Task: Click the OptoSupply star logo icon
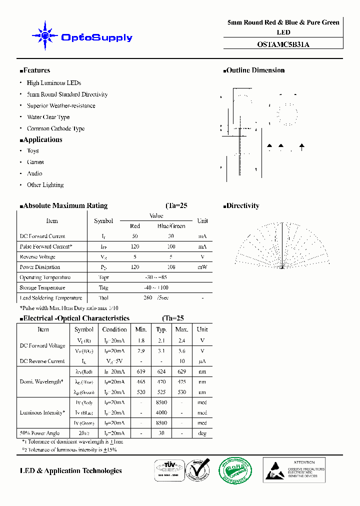coord(44,36)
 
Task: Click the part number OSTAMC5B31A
coord(283,44)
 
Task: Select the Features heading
coord(35,70)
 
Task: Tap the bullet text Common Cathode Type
coord(55,128)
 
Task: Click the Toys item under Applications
coord(32,150)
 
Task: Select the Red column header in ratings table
coord(135,226)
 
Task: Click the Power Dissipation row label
coord(39,267)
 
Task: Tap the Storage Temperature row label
coord(42,287)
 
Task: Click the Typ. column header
coord(161,329)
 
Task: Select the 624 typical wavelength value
coord(161,371)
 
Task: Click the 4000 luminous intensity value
coord(161,412)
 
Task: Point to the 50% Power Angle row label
coord(39,433)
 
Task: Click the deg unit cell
coord(202,433)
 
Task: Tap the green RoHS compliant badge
coord(235,470)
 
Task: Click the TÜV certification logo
coord(168,470)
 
